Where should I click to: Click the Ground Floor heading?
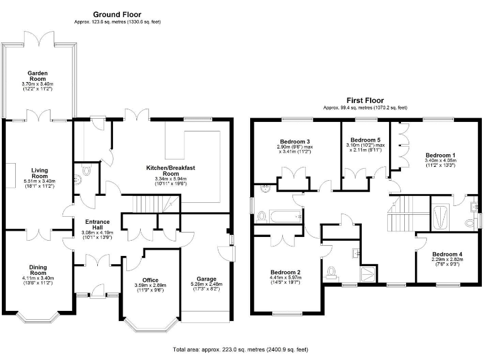(117, 14)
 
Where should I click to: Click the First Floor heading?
(365, 100)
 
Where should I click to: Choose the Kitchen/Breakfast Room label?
(162, 170)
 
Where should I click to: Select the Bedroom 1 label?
(440, 155)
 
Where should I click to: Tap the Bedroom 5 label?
(366, 140)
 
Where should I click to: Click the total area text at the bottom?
(240, 349)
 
